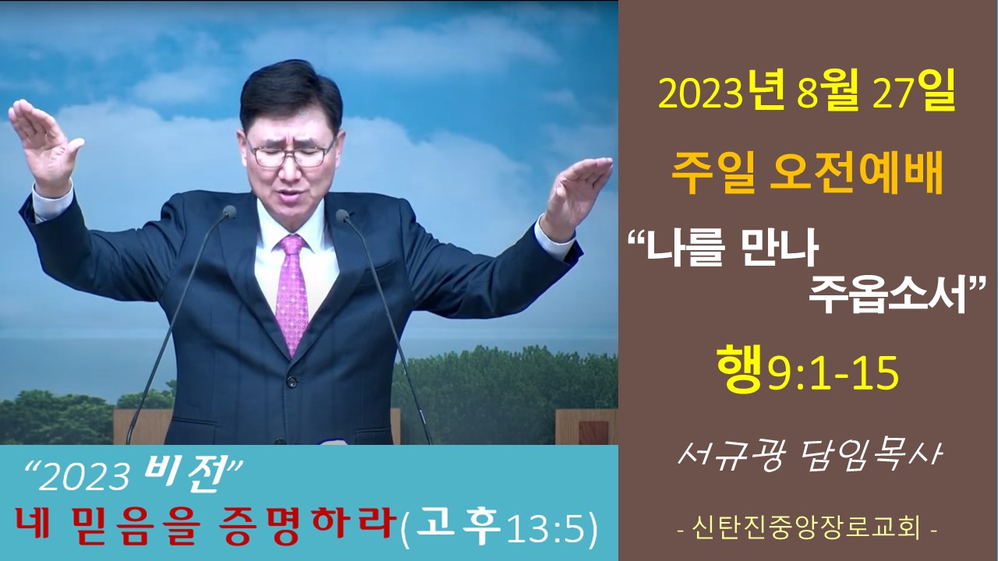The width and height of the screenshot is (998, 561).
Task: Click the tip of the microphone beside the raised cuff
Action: point(342,216)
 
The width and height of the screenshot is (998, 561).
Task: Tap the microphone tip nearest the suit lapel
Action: point(230,212)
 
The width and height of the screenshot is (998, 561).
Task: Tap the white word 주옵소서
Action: point(887,295)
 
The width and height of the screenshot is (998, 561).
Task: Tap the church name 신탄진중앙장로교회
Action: point(806,529)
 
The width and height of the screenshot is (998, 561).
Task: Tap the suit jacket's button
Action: point(292,382)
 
